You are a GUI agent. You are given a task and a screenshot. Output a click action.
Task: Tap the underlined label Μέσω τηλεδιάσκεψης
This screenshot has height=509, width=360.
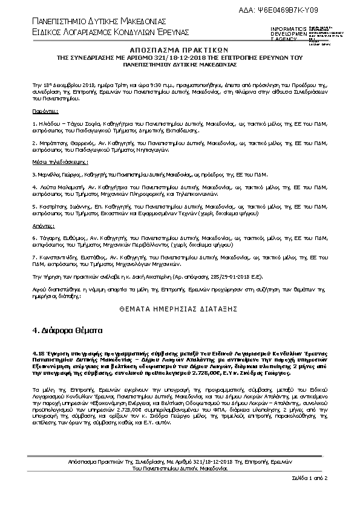59,163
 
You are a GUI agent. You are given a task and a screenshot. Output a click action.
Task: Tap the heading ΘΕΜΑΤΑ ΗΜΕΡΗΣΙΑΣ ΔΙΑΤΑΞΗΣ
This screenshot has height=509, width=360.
179,308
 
